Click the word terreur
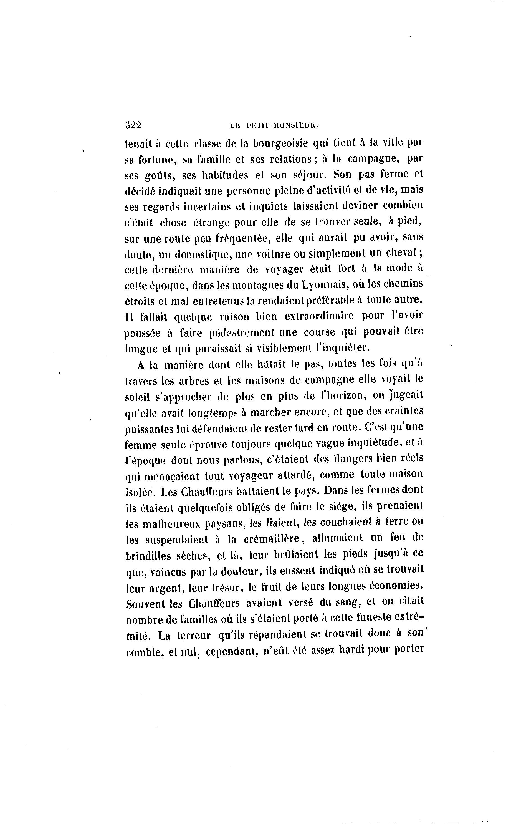click(194, 636)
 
